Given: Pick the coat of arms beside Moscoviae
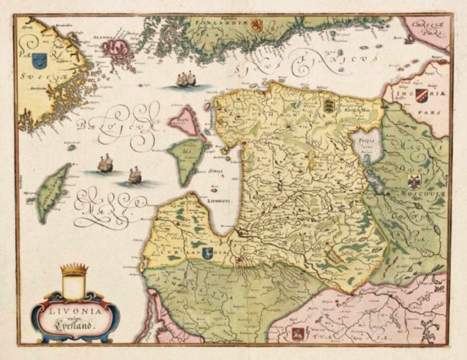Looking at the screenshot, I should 414,181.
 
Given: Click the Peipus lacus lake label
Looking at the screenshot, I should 367,141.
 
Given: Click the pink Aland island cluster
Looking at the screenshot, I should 115,50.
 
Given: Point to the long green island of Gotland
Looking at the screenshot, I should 53,192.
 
